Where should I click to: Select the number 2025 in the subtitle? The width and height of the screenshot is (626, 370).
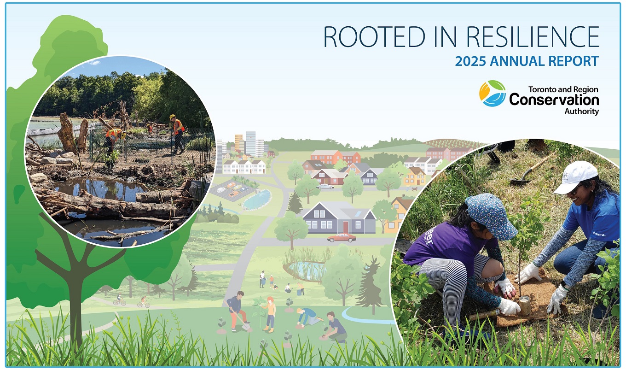470,61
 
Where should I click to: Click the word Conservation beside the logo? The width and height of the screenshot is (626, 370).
554,100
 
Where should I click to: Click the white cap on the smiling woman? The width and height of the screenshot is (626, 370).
576,177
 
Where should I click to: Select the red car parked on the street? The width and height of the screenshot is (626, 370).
342,237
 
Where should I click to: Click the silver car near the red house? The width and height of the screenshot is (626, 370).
325,186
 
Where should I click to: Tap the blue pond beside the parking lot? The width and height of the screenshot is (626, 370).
256,200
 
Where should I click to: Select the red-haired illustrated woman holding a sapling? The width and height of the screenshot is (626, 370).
269,313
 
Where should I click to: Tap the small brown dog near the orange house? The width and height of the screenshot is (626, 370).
416,188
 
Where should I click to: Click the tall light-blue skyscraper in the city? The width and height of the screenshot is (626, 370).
250,143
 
